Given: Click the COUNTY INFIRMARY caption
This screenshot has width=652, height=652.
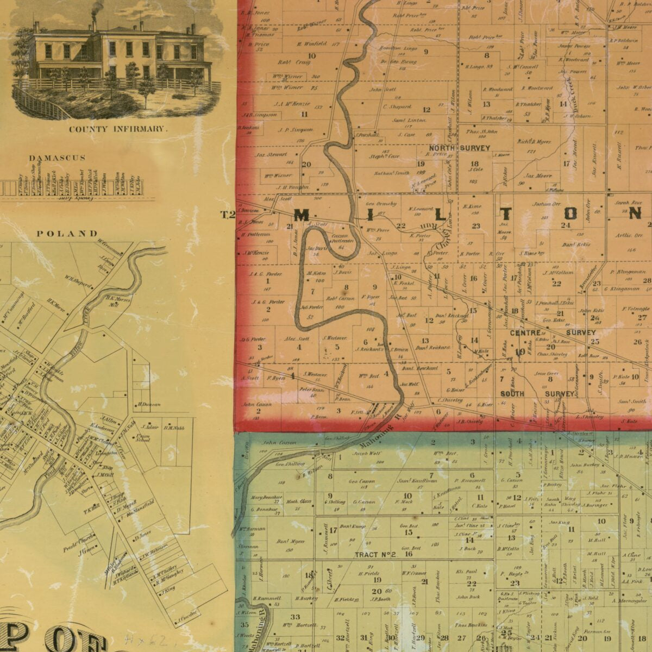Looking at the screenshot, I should point(116,129).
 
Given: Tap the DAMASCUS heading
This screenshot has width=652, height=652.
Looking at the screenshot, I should point(57,158).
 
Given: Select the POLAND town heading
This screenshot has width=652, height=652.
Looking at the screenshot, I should point(67,234).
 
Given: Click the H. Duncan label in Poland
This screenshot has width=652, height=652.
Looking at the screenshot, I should point(148,404).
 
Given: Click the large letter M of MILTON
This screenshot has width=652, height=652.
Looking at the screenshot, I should point(302,214).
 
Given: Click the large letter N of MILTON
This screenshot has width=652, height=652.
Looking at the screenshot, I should point(635,214).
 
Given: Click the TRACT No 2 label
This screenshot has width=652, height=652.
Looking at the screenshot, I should point(375,555).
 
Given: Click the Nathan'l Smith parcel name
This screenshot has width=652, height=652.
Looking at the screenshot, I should point(391,173).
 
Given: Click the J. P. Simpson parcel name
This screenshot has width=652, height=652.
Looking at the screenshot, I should point(296,129).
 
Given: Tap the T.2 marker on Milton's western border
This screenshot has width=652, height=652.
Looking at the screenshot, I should point(228,215).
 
